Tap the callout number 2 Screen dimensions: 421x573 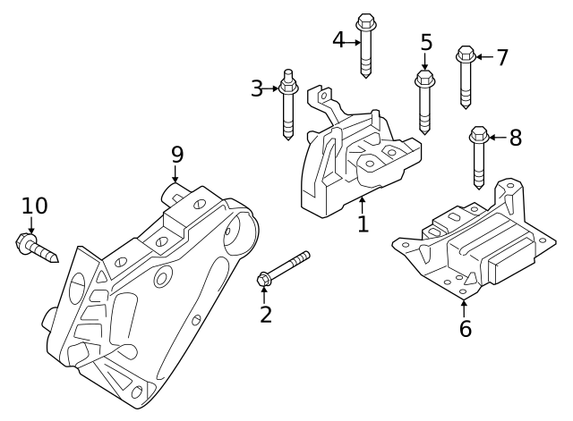point(265,314)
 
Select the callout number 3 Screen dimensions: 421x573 point(257,88)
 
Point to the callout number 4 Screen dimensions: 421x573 point(338,40)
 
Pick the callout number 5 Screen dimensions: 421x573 point(426,43)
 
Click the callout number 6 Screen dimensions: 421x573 point(465,328)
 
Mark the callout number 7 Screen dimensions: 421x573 point(502,57)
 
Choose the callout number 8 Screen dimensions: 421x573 point(515,138)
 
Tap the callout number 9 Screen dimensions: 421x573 point(177,155)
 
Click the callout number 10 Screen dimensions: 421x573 point(34,206)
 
